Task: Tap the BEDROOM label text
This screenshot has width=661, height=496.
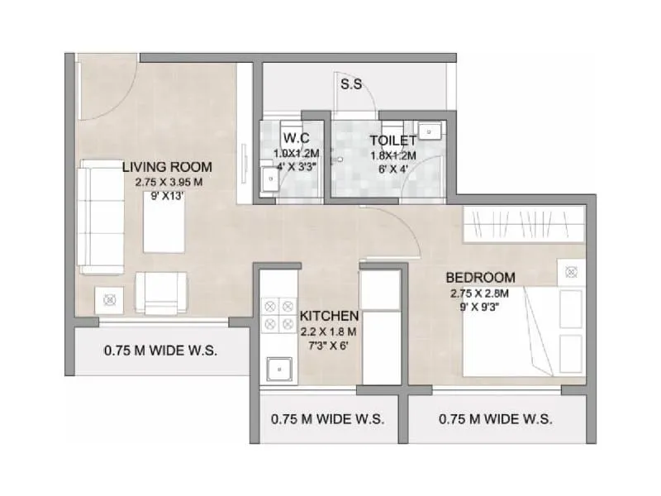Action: point(480,277)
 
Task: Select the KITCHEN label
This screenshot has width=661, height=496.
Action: point(329,316)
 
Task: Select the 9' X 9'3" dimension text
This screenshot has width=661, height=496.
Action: point(480,307)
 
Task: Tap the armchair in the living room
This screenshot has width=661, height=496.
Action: point(161,291)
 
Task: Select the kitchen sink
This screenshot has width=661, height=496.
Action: point(278,369)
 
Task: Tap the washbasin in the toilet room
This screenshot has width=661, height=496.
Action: point(429,131)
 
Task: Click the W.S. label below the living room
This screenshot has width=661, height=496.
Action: point(160,351)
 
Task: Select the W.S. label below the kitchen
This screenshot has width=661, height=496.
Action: point(327,418)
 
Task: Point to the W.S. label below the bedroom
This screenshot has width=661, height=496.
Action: point(496,418)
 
